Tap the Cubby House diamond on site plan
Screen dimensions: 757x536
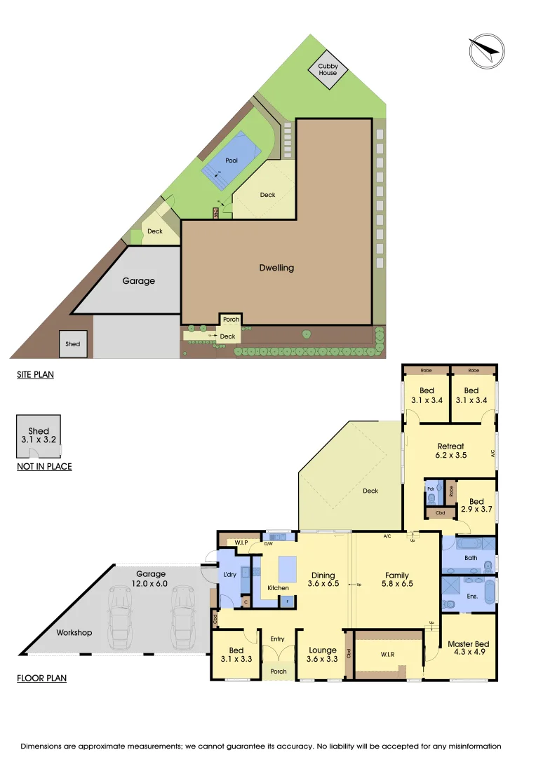coord(328,69)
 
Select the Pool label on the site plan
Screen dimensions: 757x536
coord(232,161)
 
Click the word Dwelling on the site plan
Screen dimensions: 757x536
coord(276,268)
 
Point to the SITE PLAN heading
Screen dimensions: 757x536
coord(35,375)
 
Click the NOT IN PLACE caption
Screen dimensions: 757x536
coord(44,466)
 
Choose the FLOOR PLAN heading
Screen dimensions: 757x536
coord(41,678)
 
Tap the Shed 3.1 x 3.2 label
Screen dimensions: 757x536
coord(39,436)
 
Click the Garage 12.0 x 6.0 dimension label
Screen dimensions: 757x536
coord(151,578)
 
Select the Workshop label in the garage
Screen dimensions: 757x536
coord(74,633)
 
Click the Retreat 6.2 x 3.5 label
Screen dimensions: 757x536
coord(450,450)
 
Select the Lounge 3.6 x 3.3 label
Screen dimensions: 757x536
coord(323,655)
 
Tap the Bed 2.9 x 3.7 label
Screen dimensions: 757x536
coord(476,505)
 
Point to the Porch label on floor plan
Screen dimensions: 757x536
coord(279,671)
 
